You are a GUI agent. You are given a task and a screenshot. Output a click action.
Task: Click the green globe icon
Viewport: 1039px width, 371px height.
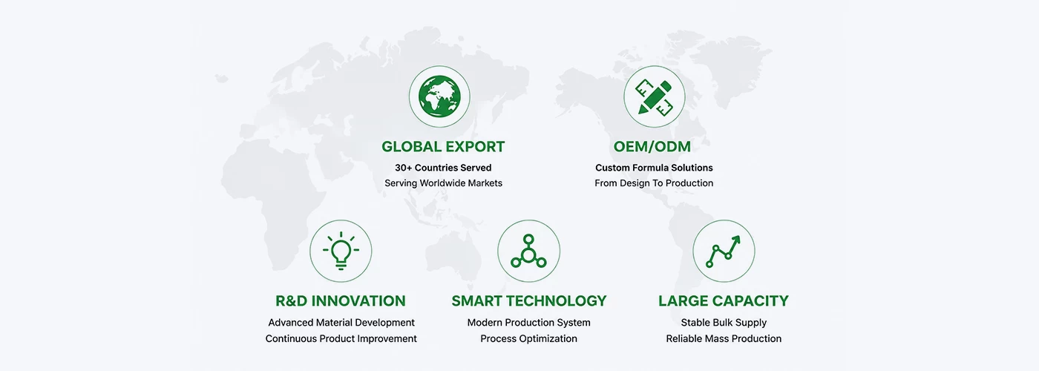point(439,96)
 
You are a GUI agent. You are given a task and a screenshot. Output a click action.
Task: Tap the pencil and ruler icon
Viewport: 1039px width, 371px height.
point(654,96)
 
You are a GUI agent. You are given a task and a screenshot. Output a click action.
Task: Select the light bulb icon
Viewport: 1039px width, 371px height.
point(341,251)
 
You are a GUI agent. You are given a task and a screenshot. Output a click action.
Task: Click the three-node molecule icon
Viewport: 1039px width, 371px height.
point(528,251)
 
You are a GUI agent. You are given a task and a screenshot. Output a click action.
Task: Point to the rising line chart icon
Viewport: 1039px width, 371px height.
point(723,251)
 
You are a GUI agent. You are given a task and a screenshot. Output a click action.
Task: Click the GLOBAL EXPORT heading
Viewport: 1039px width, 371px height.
point(443,147)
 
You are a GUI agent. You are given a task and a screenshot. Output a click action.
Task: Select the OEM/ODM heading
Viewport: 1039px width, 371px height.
point(652,147)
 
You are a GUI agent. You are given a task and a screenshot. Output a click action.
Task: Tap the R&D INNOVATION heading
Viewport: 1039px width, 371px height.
point(341,301)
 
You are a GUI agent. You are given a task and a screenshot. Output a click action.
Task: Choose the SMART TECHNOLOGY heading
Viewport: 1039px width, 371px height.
point(528,301)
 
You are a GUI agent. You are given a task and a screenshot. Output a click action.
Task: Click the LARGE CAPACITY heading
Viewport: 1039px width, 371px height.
point(723,301)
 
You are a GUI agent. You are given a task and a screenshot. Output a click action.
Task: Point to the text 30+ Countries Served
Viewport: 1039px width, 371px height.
point(443,168)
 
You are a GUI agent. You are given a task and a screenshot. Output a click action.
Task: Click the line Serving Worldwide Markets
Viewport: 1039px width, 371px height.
point(444,183)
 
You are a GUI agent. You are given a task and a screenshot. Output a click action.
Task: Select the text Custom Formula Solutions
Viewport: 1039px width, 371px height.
point(654,168)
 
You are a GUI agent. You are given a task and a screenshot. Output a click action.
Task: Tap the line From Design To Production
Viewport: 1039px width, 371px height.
point(654,183)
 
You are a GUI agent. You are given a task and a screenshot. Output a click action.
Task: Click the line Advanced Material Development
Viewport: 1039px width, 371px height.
point(341,323)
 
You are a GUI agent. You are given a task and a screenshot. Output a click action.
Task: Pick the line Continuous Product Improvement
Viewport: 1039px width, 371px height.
point(341,339)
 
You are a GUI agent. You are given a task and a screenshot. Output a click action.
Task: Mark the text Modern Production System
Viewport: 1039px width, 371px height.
point(528,323)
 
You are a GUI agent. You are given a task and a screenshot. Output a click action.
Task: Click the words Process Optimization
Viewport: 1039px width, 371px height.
point(528,339)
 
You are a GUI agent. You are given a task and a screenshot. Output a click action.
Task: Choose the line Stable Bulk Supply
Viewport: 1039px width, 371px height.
point(724,323)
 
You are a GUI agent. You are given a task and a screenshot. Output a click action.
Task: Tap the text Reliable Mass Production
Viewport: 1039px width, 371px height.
point(724,339)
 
